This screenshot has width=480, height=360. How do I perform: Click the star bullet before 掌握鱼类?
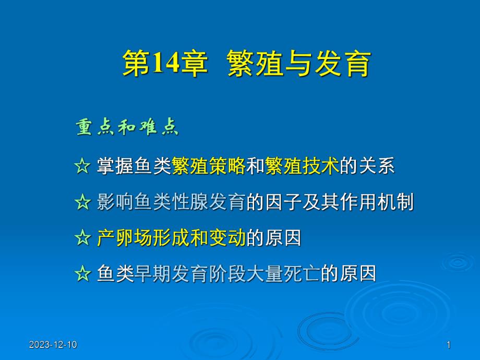pyautogui.click(x=82, y=167)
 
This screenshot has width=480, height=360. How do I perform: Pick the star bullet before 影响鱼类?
pyautogui.click(x=82, y=202)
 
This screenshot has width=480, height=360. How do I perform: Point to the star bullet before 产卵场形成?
pyautogui.click(x=82, y=238)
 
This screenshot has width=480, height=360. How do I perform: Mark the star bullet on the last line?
pyautogui.click(x=82, y=274)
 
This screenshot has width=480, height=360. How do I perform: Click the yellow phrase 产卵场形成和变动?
pyautogui.click(x=171, y=238)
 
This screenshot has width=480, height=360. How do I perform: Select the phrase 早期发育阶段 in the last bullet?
pyautogui.click(x=181, y=274)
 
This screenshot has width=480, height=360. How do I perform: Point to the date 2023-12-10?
pyautogui.click(x=53, y=344)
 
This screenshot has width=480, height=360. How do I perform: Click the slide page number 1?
pyautogui.click(x=449, y=344)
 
